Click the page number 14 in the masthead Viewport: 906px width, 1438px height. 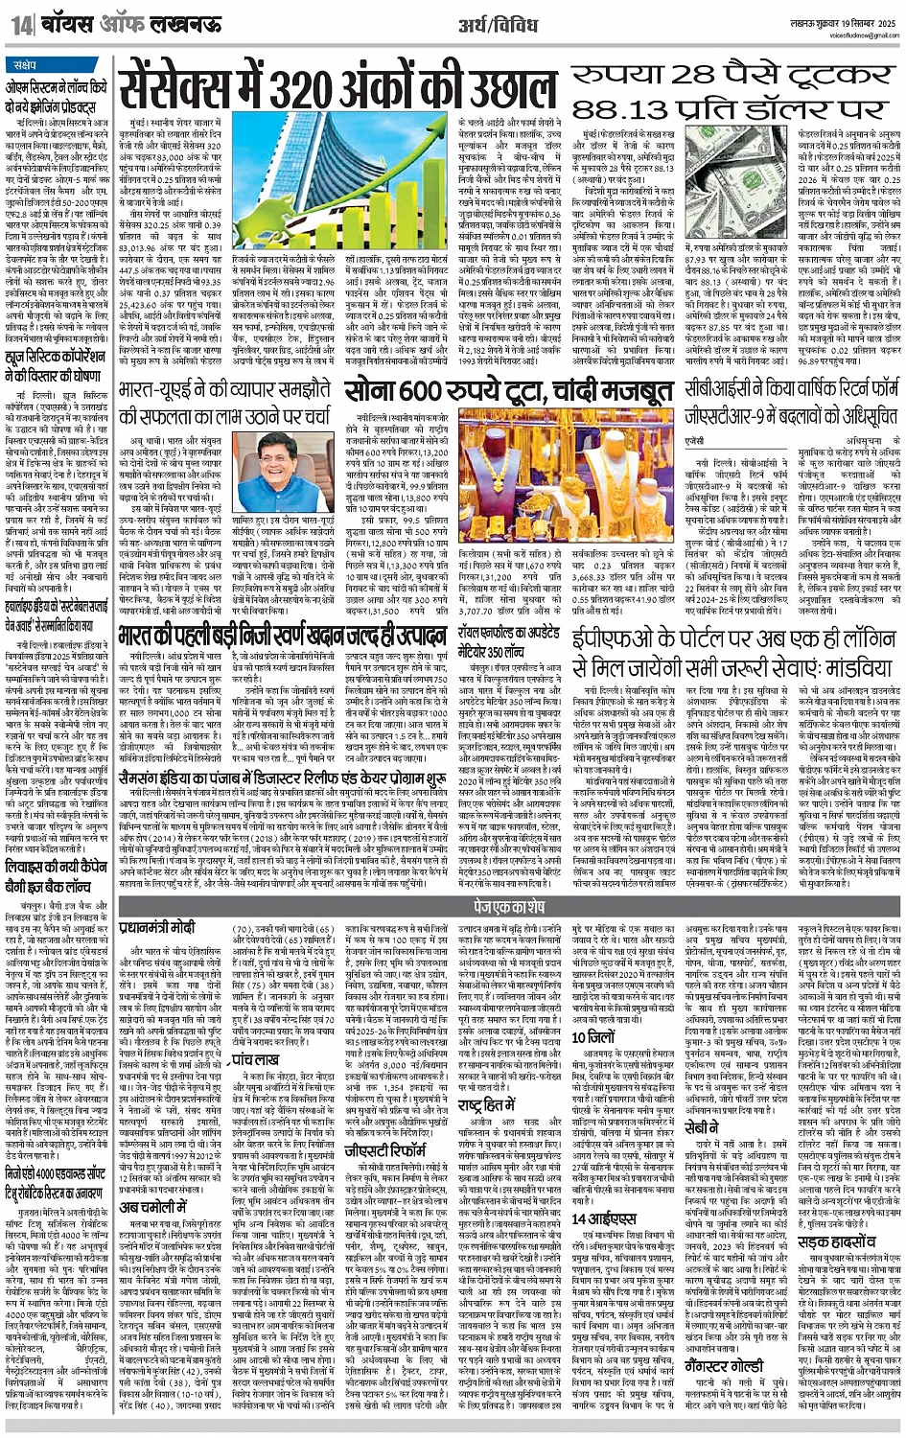[22, 20]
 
